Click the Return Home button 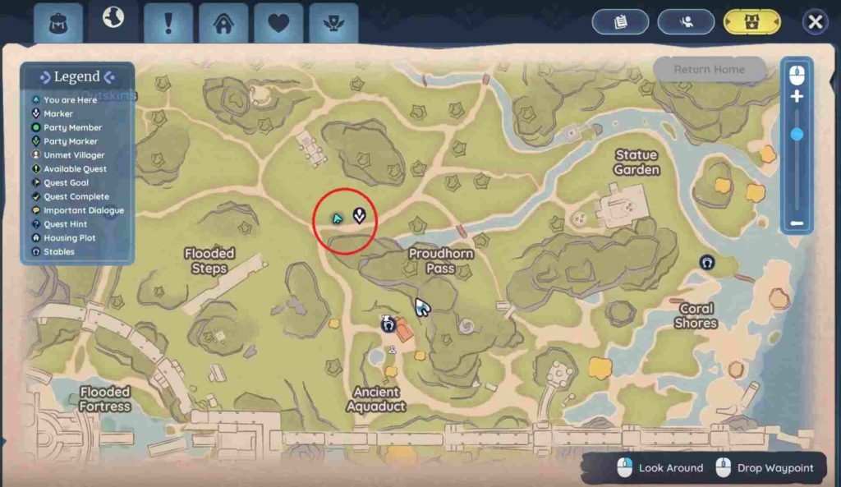pyautogui.click(x=710, y=70)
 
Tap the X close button pyautogui.click(x=815, y=22)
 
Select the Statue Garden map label pyautogui.click(x=636, y=162)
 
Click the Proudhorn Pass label pyautogui.click(x=441, y=261)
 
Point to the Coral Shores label pyautogui.click(x=696, y=316)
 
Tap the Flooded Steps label pyautogui.click(x=209, y=261)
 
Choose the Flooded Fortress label pyautogui.click(x=105, y=399)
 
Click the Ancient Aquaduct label pyautogui.click(x=376, y=399)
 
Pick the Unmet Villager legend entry pyautogui.click(x=74, y=155)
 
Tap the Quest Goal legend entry pyautogui.click(x=66, y=183)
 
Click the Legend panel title pyautogui.click(x=76, y=77)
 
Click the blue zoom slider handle pyautogui.click(x=797, y=134)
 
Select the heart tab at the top pyautogui.click(x=278, y=23)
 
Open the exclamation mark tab pyautogui.click(x=168, y=23)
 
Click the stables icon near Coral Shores pyautogui.click(x=707, y=262)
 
